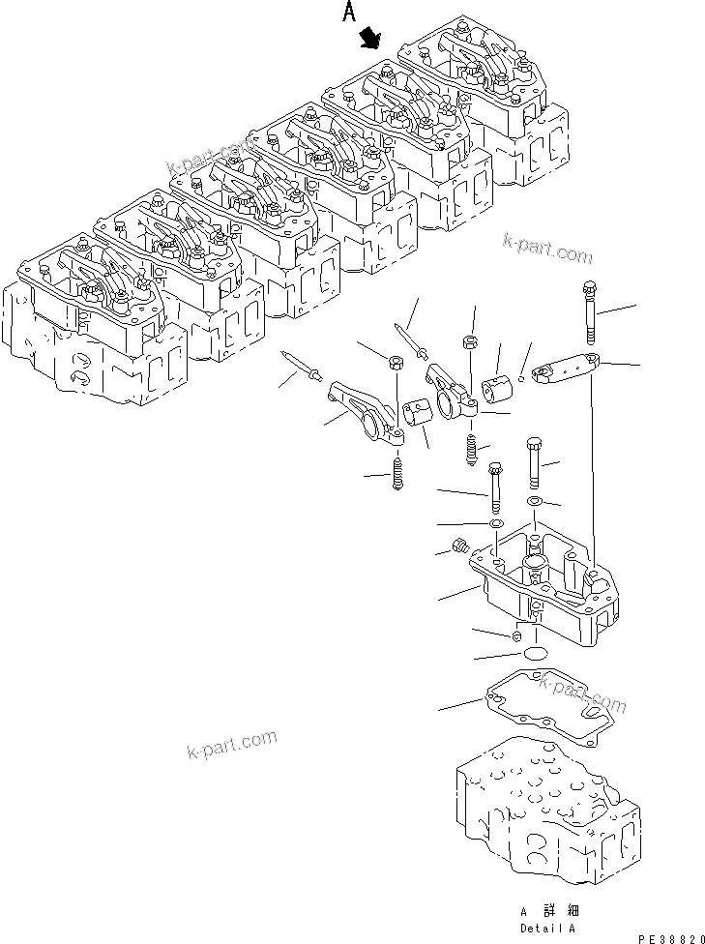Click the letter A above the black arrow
[349, 14]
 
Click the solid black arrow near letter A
[368, 38]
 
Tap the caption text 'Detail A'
[548, 926]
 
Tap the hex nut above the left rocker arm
[395, 363]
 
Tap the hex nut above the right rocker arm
[467, 341]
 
